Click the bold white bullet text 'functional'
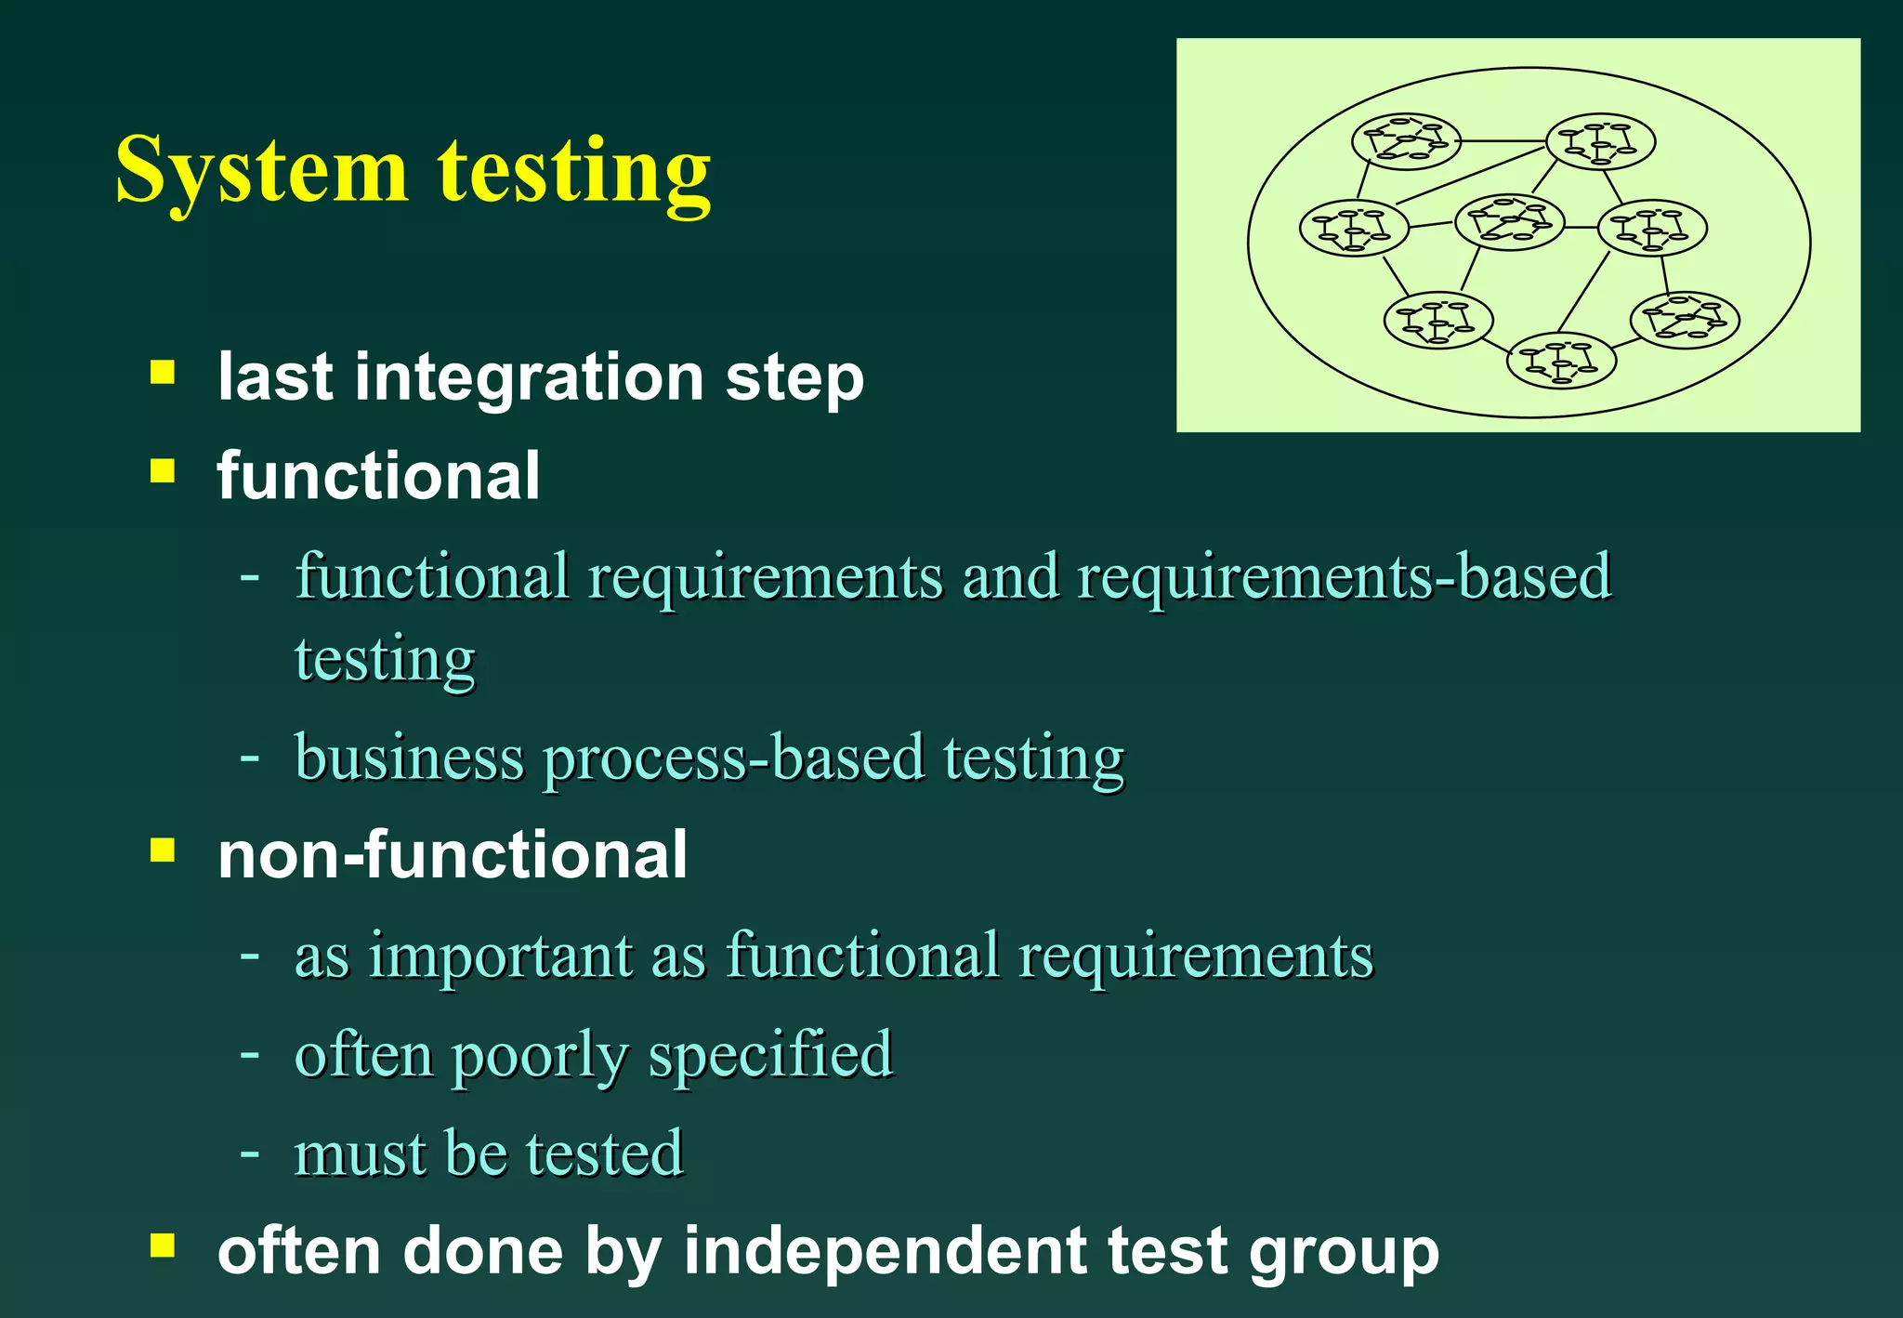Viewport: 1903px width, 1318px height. pos(378,476)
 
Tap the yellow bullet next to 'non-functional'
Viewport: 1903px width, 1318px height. pos(163,850)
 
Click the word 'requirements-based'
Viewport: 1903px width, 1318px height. pos(1344,577)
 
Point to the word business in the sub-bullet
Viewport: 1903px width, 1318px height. pos(409,758)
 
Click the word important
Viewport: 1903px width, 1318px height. pos(500,956)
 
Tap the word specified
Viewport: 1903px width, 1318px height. pos(770,1055)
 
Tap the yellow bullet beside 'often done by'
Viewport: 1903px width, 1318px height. pos(163,1246)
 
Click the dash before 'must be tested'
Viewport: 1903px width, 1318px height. pos(249,1153)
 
